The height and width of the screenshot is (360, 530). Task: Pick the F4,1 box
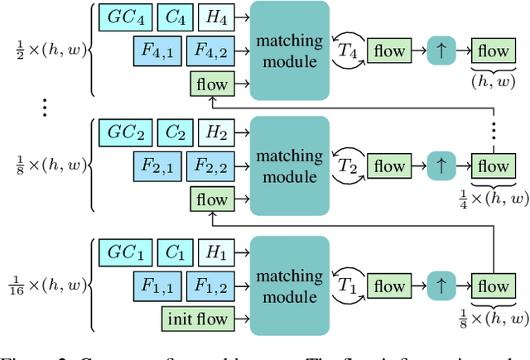[156, 51]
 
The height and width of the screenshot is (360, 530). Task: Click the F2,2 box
[211, 167]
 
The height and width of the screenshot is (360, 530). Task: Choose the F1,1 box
[156, 286]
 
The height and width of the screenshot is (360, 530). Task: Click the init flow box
[195, 317]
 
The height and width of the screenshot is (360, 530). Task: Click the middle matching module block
[289, 166]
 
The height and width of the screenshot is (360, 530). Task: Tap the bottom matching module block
[289, 286]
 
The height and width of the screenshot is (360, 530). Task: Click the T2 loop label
[348, 166]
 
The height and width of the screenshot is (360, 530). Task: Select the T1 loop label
[348, 286]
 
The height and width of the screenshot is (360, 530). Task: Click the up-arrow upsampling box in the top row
[441, 50]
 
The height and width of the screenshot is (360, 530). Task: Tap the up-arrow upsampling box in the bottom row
[441, 286]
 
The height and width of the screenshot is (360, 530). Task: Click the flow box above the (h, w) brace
[491, 50]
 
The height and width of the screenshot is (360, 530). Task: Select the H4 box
[216, 17]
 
